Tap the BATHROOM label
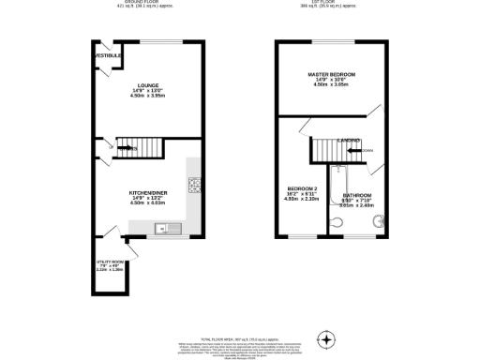click(357, 195)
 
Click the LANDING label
click(350, 140)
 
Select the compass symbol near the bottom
click(326, 338)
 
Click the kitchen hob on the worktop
click(195, 186)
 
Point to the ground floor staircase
click(130, 148)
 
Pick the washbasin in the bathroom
click(377, 221)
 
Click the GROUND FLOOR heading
click(139, 3)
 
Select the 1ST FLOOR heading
click(334, 3)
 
